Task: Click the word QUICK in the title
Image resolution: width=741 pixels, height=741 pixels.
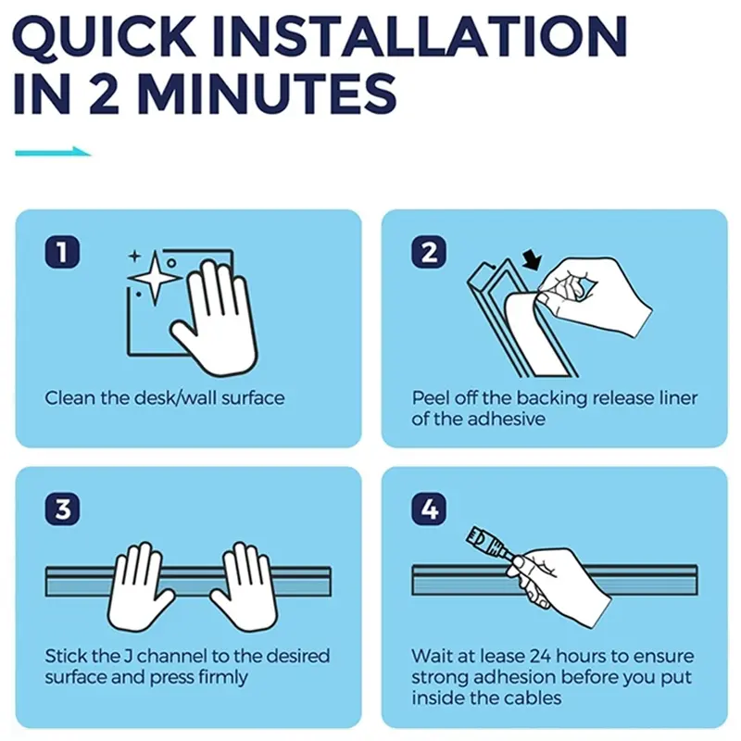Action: click(104, 37)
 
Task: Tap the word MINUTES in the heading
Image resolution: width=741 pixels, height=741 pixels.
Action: click(267, 94)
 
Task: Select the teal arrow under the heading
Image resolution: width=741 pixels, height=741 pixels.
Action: click(53, 152)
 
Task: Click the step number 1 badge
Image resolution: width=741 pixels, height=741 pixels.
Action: click(62, 252)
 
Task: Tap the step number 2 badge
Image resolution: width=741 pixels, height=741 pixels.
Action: click(429, 252)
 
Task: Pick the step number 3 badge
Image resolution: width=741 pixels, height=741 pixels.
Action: click(62, 509)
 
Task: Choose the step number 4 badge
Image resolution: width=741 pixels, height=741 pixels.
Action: click(429, 509)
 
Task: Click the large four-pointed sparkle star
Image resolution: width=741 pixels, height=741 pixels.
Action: click(155, 277)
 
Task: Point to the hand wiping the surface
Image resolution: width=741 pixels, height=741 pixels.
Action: click(215, 318)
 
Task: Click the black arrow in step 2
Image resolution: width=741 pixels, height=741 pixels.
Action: click(534, 260)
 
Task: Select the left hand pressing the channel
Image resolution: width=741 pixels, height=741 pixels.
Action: click(140, 587)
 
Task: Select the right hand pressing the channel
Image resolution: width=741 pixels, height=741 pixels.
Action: click(245, 587)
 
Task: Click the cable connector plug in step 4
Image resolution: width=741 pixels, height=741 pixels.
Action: click(487, 543)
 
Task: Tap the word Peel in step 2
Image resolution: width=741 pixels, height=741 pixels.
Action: click(430, 398)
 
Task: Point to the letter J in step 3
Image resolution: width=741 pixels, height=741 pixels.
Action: click(128, 657)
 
